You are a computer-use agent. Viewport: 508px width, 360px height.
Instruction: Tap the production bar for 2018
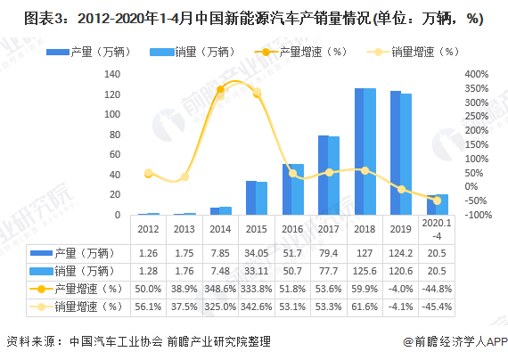click(359, 151)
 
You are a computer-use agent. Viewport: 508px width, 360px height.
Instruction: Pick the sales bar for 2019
click(406, 154)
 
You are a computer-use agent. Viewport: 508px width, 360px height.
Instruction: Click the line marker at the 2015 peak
click(257, 93)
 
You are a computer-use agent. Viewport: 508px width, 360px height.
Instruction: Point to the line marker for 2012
click(149, 173)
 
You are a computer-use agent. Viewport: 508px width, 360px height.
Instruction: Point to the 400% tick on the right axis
click(477, 73)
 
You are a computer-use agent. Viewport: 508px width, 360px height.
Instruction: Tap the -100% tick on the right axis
click(476, 215)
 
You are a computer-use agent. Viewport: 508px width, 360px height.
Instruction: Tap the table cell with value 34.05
click(257, 252)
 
